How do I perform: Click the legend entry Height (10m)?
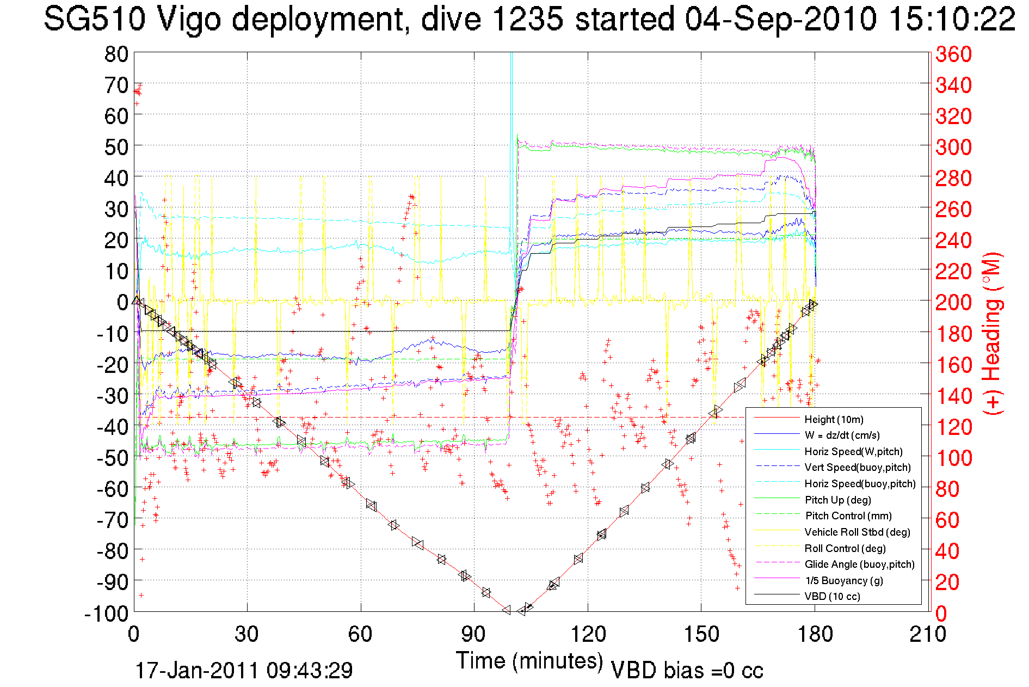834,419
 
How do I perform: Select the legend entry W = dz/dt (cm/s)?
842,435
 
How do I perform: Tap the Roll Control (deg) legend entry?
845,548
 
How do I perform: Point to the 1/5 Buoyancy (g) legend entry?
844,580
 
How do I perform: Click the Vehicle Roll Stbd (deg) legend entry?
857,532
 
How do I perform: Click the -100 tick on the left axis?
106,614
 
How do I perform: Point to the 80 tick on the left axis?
116,54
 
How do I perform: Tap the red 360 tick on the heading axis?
953,54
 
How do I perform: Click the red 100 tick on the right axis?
953,458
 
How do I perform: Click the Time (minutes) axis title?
529,661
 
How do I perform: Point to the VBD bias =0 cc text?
687,670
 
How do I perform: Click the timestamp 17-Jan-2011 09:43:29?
244,670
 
